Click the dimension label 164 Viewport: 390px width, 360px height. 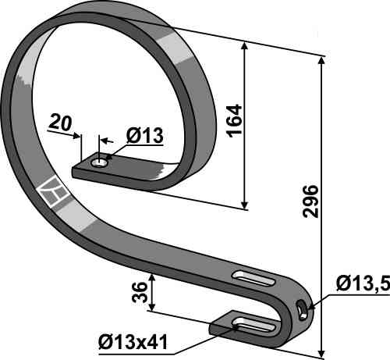click(235, 121)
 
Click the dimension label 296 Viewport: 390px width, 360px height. click(310, 201)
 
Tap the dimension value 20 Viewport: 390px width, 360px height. click(60, 123)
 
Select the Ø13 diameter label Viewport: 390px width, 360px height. click(144, 135)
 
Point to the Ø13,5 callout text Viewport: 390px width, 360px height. click(363, 283)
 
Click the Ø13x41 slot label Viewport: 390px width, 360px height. click(133, 342)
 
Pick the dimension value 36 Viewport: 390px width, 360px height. click(140, 292)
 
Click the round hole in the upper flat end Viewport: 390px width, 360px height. click(99, 163)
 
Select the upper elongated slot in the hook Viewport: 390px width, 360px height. click(254, 279)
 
